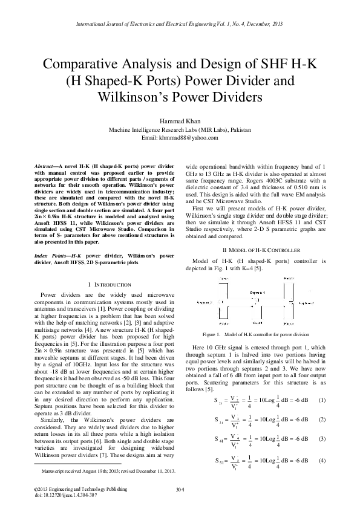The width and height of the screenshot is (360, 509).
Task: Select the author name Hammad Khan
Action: click(180, 121)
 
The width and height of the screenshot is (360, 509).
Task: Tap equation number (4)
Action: click(322, 461)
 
